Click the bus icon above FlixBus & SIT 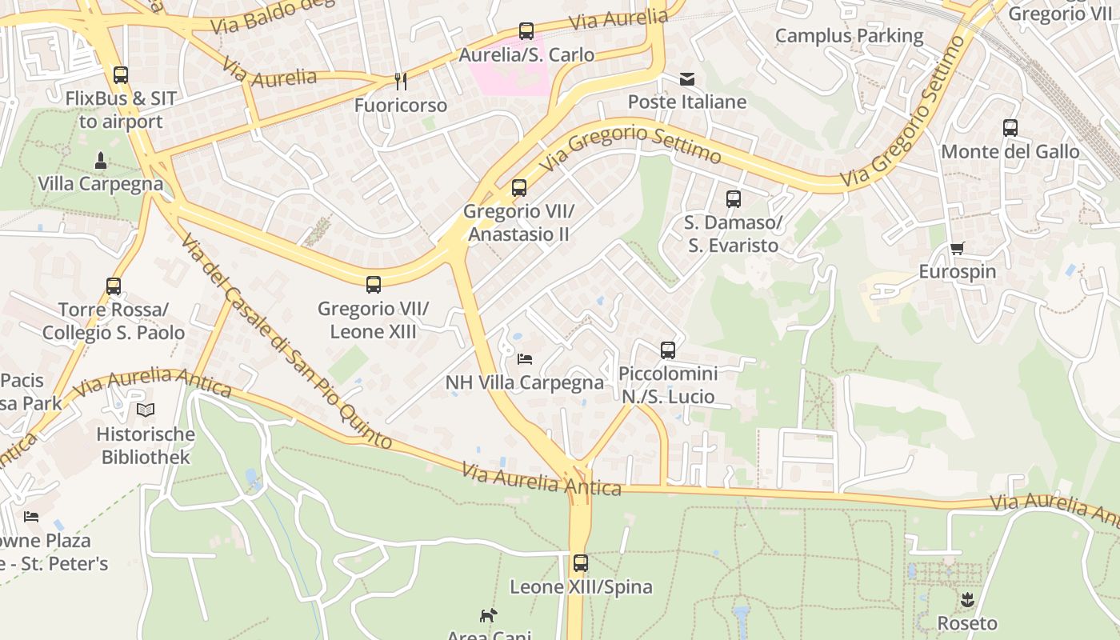[x=121, y=75]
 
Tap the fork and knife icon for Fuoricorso [x=401, y=81]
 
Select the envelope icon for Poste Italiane [x=686, y=78]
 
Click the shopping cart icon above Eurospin [x=957, y=248]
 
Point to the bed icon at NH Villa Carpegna [x=525, y=358]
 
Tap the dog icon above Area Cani [x=488, y=615]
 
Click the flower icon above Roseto [x=967, y=599]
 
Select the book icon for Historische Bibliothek [x=145, y=410]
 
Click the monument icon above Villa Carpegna [x=101, y=160]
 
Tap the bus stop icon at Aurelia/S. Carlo [x=526, y=31]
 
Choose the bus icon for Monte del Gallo [x=1010, y=128]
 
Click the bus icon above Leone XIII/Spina [x=581, y=563]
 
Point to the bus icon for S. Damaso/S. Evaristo [x=733, y=199]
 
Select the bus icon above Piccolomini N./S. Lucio [x=668, y=350]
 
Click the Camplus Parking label [x=849, y=36]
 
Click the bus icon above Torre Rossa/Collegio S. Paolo [x=114, y=286]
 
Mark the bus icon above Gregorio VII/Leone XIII [x=374, y=285]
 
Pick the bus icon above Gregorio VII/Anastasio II [x=519, y=189]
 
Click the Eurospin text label [x=957, y=272]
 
